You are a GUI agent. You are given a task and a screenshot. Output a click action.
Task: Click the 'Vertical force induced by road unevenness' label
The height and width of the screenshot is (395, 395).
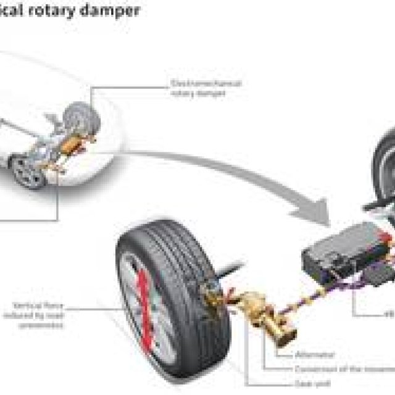(39, 314)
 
